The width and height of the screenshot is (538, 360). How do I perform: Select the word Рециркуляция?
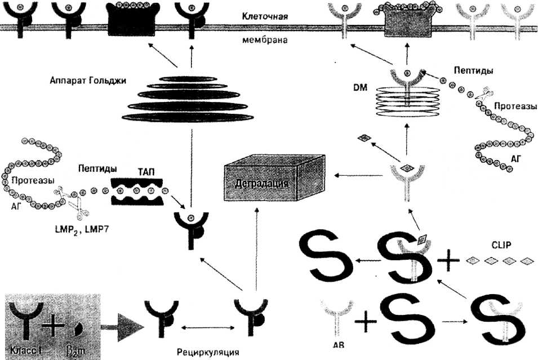click(207, 352)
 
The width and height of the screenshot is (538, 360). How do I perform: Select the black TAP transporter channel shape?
click(137, 192)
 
